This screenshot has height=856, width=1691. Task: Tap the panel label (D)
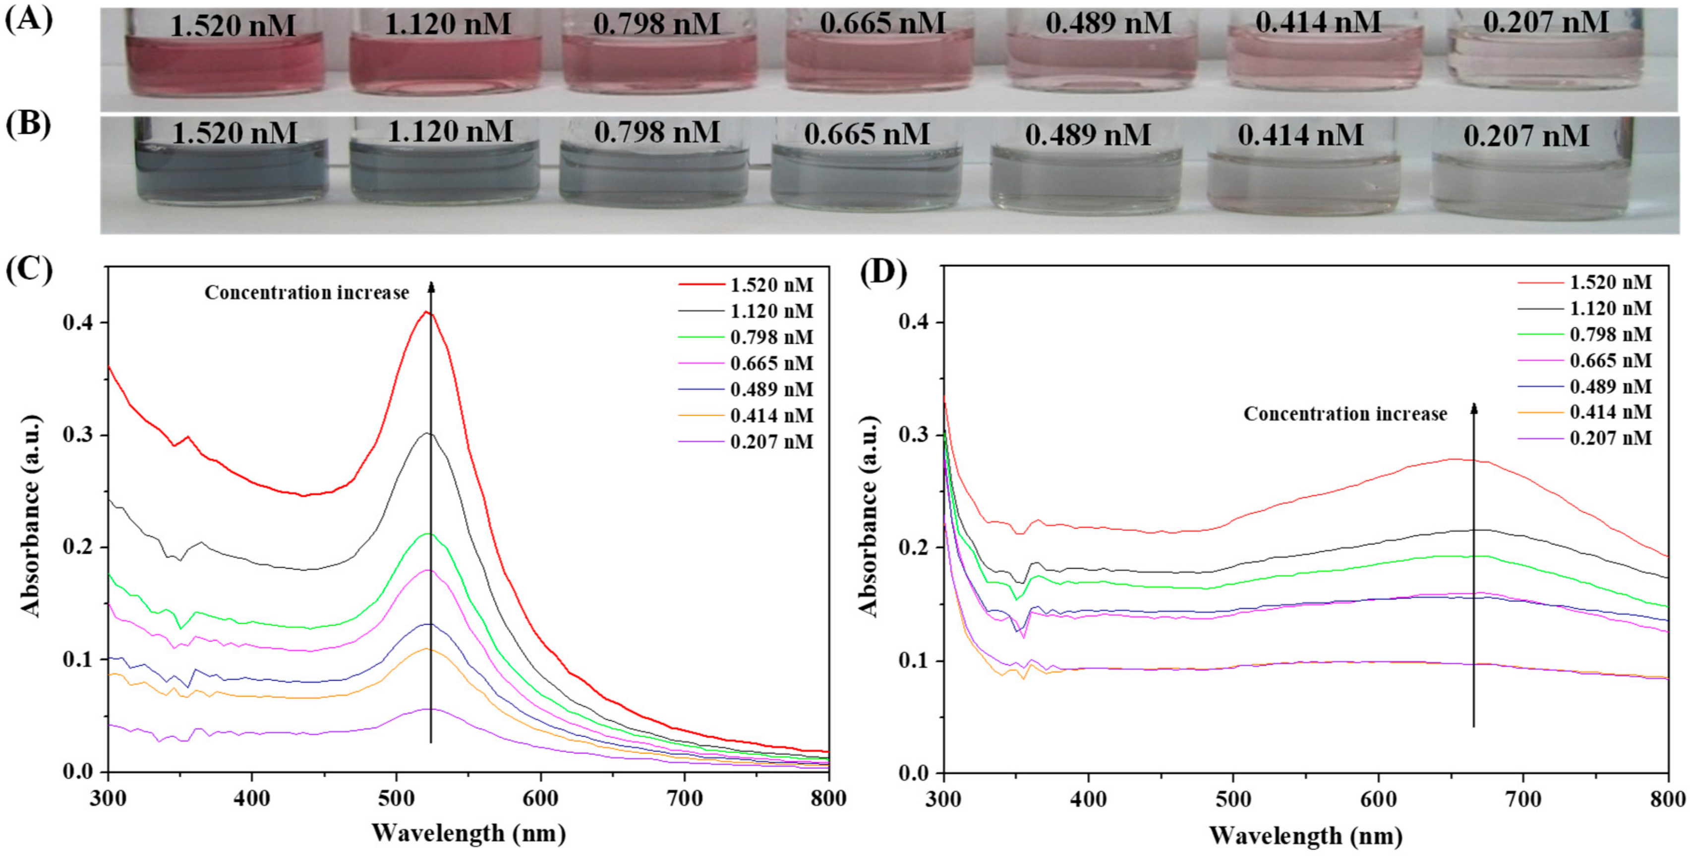tap(883, 271)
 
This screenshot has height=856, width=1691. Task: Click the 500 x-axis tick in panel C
tap(396, 798)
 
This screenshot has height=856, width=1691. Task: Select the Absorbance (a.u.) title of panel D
tap(869, 517)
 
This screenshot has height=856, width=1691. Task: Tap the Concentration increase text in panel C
tap(306, 293)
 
